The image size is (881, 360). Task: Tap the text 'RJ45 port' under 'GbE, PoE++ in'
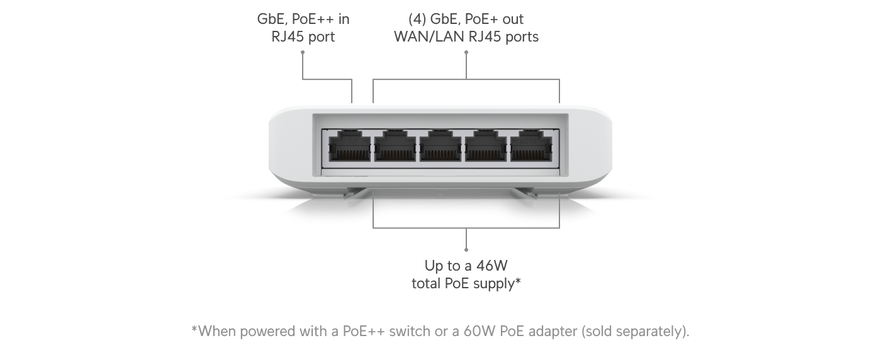303,37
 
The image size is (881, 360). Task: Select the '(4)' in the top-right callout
417,19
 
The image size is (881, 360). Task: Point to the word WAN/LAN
428,37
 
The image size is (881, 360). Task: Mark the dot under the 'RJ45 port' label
303,52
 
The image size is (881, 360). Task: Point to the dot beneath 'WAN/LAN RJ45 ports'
466,52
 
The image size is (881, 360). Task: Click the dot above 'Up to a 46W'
466,249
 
